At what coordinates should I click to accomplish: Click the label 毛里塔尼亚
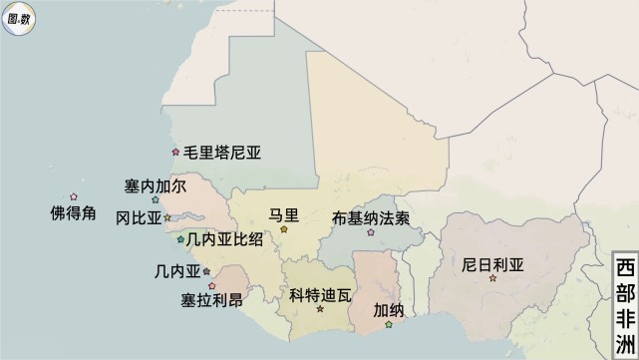click(x=228, y=154)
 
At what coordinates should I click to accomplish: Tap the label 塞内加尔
click(x=155, y=186)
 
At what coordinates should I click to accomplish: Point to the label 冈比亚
click(x=138, y=217)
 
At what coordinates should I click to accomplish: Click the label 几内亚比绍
click(x=224, y=239)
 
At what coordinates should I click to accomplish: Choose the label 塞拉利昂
click(x=211, y=300)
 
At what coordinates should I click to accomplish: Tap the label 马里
click(x=284, y=214)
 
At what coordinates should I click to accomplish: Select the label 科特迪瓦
click(x=321, y=295)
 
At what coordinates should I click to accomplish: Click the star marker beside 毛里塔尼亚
click(x=175, y=153)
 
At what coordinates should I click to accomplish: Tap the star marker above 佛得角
click(x=73, y=196)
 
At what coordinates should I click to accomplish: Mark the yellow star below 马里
click(x=284, y=229)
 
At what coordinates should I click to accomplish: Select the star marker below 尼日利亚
click(x=492, y=279)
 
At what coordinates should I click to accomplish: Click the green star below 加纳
click(x=389, y=324)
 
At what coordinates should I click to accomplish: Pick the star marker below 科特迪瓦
click(x=321, y=309)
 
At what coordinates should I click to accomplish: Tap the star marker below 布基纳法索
click(x=371, y=232)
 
